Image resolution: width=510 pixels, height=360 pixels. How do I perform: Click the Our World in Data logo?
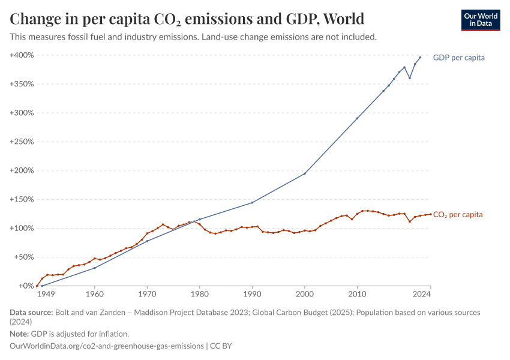pos(480,20)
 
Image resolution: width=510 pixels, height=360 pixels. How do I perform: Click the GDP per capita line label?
pos(458,58)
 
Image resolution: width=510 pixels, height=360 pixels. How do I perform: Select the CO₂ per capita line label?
pos(458,214)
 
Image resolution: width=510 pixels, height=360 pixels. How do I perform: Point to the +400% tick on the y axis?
pos(22,55)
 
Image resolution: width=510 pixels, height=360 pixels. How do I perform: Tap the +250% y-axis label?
pos(22,142)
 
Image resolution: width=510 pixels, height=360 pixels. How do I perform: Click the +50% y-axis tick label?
pos(23,257)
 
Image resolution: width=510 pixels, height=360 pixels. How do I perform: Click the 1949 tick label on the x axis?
pos(46,295)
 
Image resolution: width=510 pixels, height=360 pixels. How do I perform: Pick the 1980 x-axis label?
pos(200,295)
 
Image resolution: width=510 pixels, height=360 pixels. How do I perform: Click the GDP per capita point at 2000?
pos(305,173)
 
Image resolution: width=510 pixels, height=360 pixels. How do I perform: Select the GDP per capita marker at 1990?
pos(252,202)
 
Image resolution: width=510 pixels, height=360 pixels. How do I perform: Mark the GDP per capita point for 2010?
pos(357,118)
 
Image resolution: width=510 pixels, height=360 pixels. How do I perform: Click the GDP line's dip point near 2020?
pos(410,78)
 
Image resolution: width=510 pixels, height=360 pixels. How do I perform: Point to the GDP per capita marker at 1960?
pos(94,268)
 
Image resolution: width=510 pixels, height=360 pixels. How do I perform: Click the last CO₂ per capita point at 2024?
pos(431,214)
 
